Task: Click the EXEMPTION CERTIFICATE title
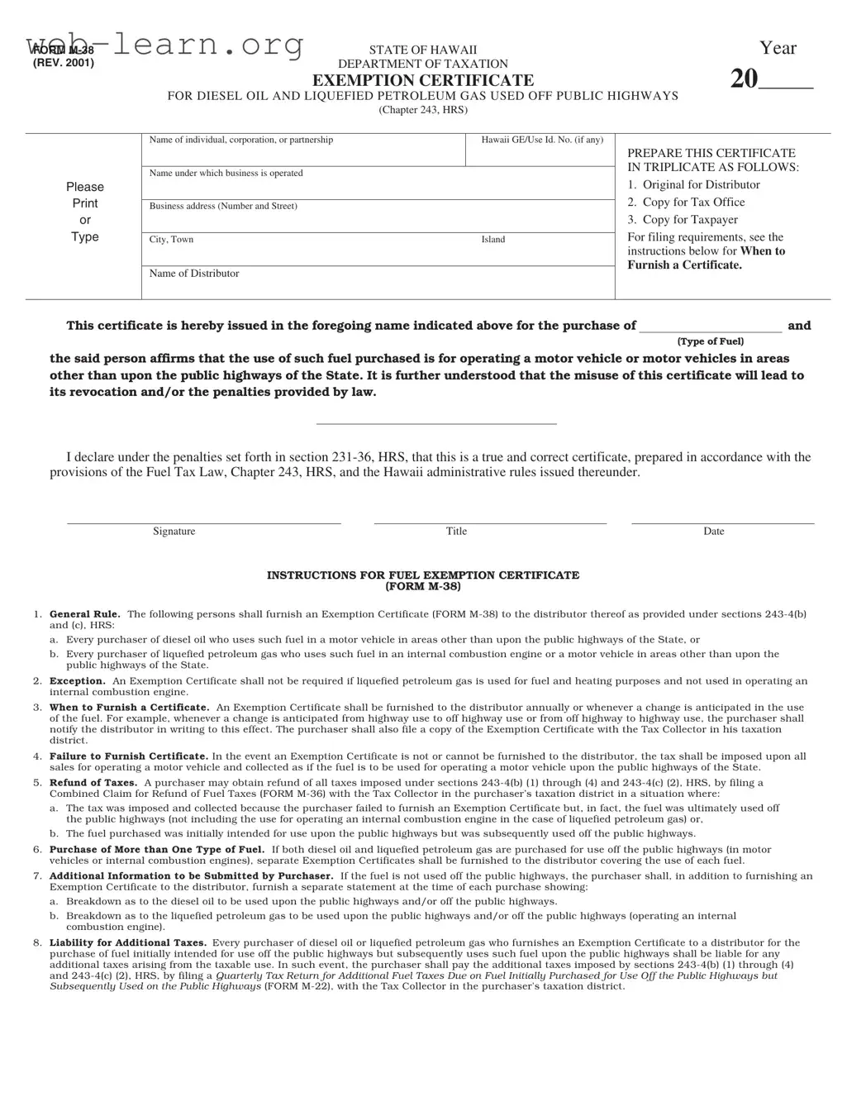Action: click(422, 80)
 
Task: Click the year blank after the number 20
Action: click(786, 81)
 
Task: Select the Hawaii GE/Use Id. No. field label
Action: click(542, 140)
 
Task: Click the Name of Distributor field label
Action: click(194, 274)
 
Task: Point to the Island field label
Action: click(493, 240)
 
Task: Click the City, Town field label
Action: click(171, 240)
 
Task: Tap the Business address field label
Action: click(223, 206)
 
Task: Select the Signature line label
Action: click(174, 532)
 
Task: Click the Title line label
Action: click(456, 532)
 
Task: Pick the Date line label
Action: click(714, 532)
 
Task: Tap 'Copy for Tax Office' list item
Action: click(693, 203)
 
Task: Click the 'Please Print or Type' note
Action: click(84, 212)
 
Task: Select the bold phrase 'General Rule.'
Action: click(84, 614)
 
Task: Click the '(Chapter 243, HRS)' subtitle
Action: click(422, 110)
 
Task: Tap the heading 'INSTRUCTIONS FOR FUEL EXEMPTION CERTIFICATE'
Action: click(422, 575)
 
